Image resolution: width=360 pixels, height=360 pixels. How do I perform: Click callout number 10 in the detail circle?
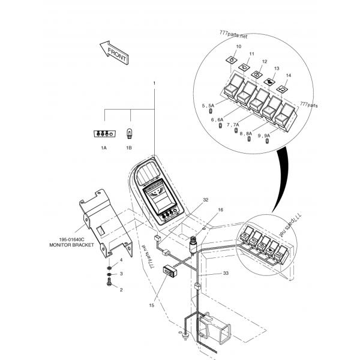(x=238, y=46)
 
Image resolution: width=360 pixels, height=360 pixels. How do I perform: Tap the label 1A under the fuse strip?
(x=103, y=147)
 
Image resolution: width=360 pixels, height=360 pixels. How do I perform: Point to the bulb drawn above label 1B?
(x=129, y=133)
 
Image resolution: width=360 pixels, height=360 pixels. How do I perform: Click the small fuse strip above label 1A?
(x=103, y=134)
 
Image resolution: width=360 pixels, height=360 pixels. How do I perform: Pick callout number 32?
(x=205, y=199)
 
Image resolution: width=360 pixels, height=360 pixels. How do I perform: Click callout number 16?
(x=220, y=210)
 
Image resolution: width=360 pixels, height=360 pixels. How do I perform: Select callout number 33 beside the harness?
(x=226, y=273)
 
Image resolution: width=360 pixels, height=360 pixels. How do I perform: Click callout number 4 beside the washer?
(x=121, y=260)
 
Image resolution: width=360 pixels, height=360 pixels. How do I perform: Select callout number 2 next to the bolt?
(x=121, y=290)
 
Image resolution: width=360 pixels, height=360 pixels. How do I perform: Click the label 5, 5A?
(x=208, y=105)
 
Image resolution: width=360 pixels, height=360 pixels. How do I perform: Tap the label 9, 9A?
(x=263, y=136)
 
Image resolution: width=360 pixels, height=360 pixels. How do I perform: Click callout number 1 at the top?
(x=154, y=82)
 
